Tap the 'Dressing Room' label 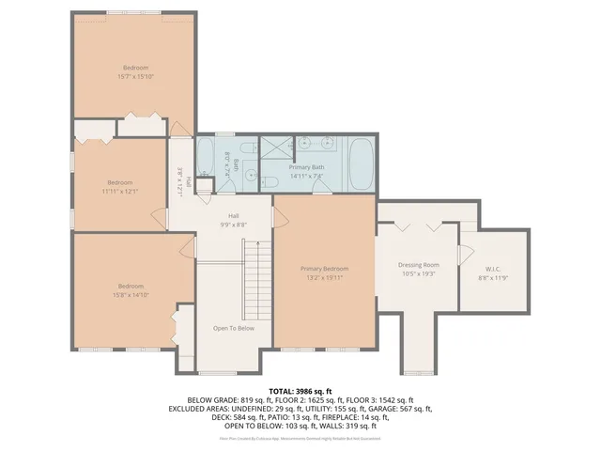[418, 265]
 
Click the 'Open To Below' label [233, 328]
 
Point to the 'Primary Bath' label [306, 166]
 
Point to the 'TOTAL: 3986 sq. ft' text [300, 390]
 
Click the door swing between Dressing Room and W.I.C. [461, 255]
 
